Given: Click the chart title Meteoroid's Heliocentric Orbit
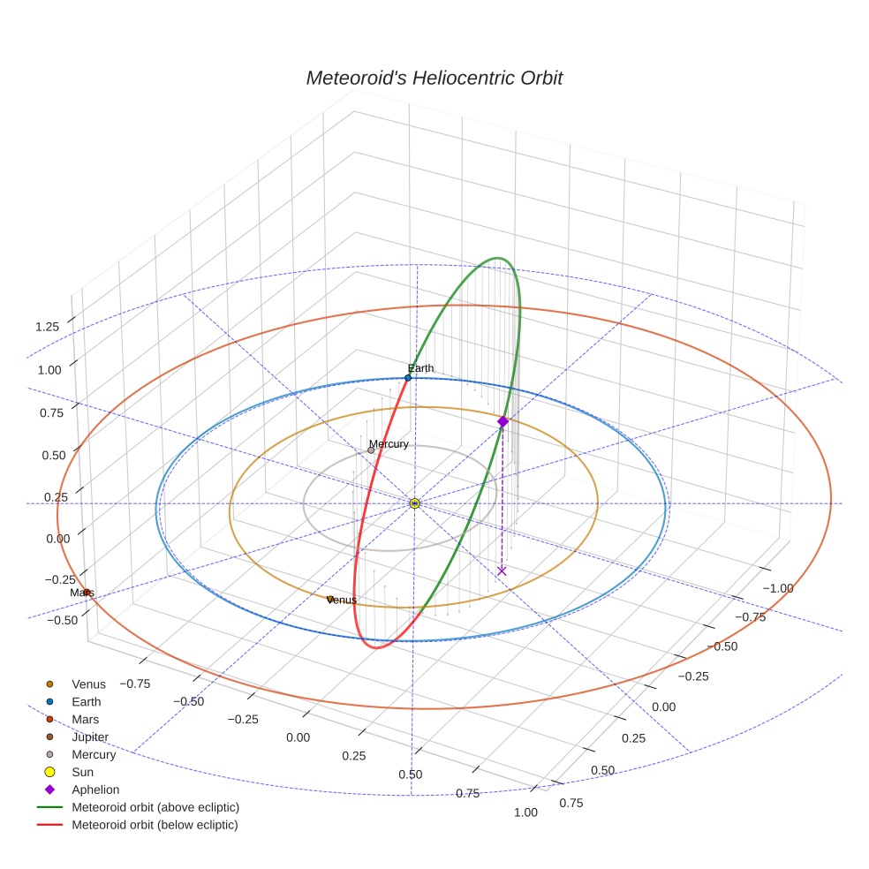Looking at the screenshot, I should click(434, 78).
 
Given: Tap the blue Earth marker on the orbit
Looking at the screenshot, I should click(408, 378).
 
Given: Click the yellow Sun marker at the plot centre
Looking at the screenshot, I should click(414, 503).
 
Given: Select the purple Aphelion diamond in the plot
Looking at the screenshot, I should click(503, 422).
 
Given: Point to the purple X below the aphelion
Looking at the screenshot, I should click(502, 571).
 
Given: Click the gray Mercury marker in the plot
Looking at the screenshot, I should click(371, 450).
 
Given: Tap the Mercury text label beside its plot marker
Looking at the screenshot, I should click(389, 444).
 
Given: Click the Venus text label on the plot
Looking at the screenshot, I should click(342, 601).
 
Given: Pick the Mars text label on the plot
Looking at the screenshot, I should click(82, 593).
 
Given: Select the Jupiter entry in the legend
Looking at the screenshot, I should click(90, 737).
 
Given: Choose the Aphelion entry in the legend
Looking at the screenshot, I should click(95, 790).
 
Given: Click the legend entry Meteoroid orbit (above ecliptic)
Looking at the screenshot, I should click(155, 807).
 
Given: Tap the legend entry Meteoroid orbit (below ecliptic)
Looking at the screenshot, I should click(155, 825).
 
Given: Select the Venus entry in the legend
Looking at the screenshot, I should click(88, 684).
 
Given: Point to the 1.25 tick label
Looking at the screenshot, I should click(47, 327).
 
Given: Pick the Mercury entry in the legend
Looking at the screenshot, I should click(94, 754).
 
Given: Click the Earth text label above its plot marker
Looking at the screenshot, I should click(420, 368).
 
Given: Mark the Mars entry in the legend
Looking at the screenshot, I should click(85, 719).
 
